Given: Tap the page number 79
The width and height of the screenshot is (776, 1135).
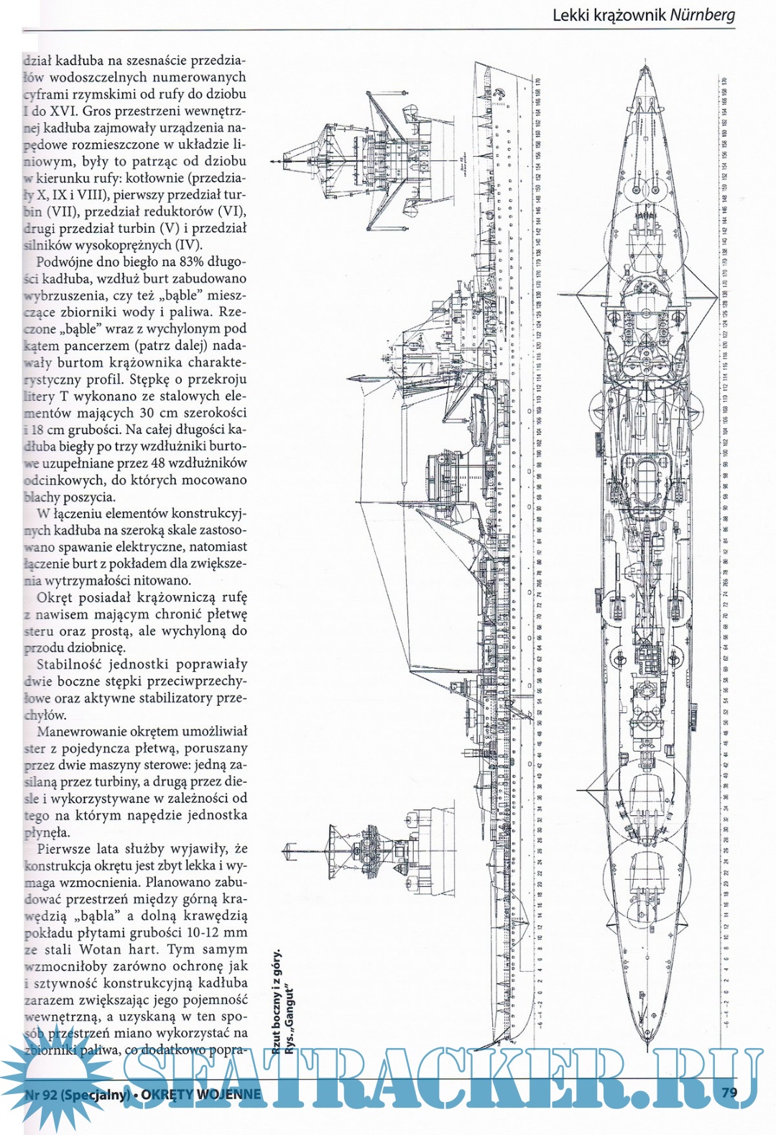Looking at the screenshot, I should tap(729, 1092).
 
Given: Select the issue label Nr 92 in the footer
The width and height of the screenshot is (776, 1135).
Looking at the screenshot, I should tap(41, 1095).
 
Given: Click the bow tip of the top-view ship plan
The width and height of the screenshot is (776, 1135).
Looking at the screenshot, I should tap(645, 68).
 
